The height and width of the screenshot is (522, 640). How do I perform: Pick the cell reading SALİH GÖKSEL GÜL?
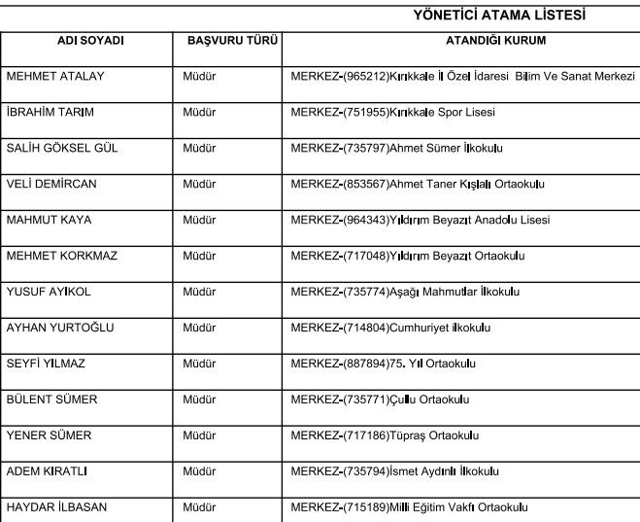[x=59, y=148]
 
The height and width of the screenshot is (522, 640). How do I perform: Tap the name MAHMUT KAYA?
[x=49, y=220]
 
